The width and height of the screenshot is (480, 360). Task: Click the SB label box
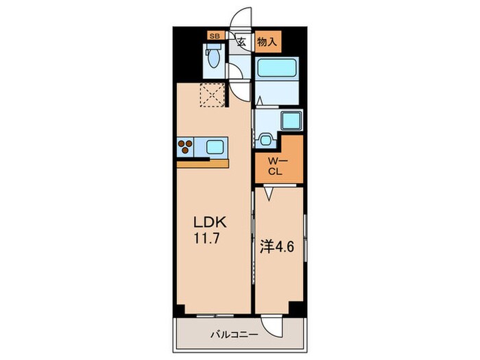pos(215,36)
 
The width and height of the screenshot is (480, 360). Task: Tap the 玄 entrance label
pos(242,41)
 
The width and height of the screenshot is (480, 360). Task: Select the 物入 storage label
pos(268,42)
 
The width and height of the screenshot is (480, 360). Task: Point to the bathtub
pos(277,67)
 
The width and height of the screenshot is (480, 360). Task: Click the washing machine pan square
pos(291,121)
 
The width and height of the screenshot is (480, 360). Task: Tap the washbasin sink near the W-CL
pos(265,140)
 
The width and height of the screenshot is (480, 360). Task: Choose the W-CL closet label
pos(277,166)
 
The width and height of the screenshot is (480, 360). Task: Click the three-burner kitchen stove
pos(185,147)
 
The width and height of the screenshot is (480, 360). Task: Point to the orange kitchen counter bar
pos(203,164)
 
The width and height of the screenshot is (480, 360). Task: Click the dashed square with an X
pos(212,95)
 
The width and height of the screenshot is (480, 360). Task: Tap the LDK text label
pos(210,223)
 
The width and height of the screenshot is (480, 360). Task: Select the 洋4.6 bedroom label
pos(277,247)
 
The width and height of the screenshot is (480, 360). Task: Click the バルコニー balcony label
pos(235,335)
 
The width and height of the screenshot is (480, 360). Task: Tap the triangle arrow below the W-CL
pos(269,193)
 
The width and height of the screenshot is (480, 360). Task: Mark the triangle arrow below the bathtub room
pos(260,100)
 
